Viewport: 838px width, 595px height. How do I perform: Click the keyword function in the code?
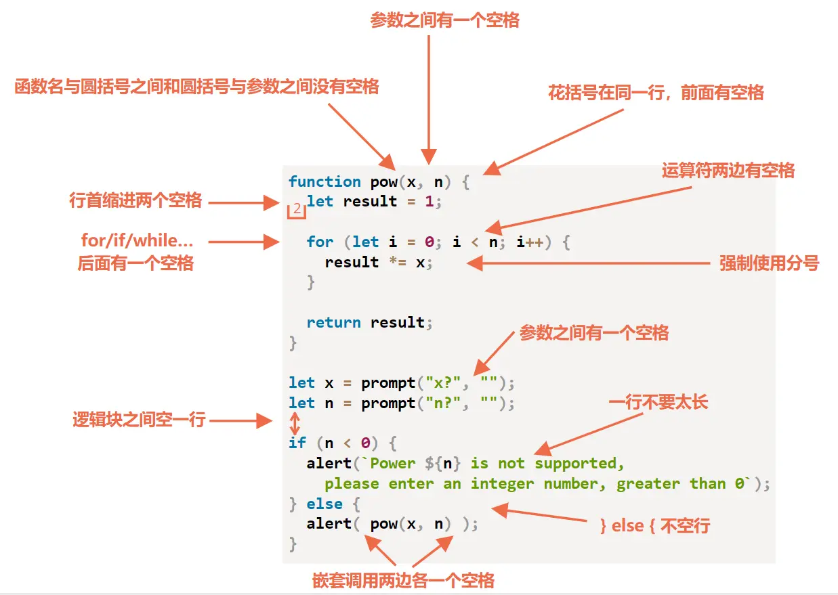(324, 181)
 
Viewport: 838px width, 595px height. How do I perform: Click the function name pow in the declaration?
(383, 181)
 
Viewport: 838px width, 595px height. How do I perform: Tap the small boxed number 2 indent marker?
(297, 211)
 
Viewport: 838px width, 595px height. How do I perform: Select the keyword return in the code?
(333, 322)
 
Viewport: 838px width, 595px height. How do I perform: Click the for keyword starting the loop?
(320, 242)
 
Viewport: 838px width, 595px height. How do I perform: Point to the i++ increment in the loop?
(530, 242)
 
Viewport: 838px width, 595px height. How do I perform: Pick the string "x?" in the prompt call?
(447, 383)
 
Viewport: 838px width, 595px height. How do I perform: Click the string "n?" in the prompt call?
(447, 403)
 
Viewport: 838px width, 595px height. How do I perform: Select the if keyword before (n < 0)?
(297, 443)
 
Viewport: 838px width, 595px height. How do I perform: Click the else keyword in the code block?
(324, 504)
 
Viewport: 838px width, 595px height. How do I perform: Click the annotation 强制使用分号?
(769, 263)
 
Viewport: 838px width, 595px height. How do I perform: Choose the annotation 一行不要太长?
(658, 402)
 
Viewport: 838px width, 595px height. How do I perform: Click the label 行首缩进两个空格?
(135, 201)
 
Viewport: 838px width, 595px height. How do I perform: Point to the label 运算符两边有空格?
(728, 170)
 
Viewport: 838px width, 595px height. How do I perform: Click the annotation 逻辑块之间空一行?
(139, 420)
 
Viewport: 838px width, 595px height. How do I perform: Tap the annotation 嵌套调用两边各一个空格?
(403, 580)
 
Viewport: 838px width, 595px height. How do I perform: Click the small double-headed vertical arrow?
(295, 424)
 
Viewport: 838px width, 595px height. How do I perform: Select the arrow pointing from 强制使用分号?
(589, 263)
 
